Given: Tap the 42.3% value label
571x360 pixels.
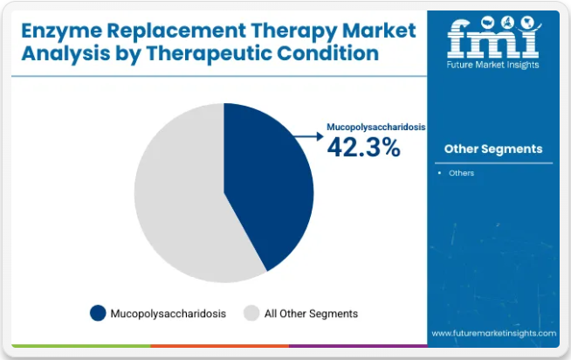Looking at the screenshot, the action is (364, 148).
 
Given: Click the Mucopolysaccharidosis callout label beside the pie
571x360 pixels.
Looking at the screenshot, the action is (375, 127).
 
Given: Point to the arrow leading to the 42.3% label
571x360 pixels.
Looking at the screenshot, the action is (308, 136).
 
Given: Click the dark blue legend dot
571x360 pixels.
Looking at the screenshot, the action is (98, 313).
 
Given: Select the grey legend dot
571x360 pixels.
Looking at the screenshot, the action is (251, 313).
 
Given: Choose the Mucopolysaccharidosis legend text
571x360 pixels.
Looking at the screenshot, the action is (169, 314).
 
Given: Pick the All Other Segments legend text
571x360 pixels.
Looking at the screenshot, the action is (311, 314).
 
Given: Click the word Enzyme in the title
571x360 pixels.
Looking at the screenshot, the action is (61, 31).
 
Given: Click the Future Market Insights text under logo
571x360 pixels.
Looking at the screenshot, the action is (492, 65).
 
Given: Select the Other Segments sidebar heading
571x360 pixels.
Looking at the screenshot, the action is (493, 149).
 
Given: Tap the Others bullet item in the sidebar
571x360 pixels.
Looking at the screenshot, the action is (461, 173).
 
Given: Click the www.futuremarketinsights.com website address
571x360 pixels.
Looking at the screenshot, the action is (494, 334).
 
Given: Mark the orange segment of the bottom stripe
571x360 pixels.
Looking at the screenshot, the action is (220, 346).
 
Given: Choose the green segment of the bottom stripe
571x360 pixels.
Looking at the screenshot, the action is (81, 346).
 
